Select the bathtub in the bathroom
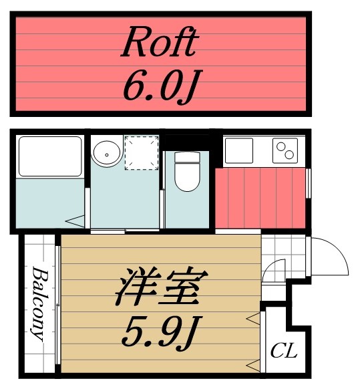(x=49, y=156)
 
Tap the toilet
(x=187, y=172)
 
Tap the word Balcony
(x=39, y=304)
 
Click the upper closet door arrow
(x=253, y=320)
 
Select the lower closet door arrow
(x=253, y=364)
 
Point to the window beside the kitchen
(x=309, y=183)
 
